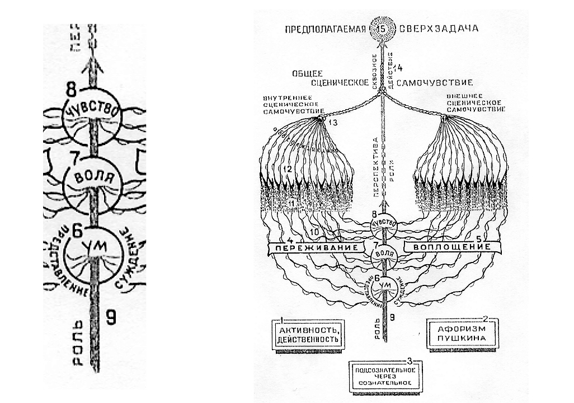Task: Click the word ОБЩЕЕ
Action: tap(305, 74)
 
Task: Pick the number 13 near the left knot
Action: tap(333, 123)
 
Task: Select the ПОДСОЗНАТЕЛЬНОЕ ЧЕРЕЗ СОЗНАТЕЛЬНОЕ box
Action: tap(383, 376)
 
